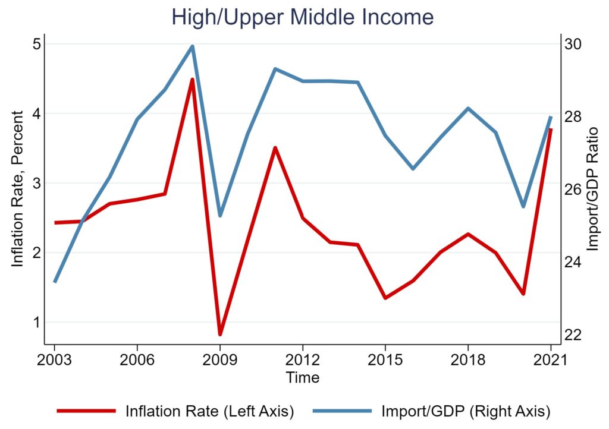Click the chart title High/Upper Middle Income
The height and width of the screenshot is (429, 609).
303,17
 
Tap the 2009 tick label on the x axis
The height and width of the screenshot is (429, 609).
219,361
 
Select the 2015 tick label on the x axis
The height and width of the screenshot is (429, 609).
385,361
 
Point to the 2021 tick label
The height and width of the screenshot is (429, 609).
550,361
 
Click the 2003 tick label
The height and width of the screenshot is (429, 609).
55,361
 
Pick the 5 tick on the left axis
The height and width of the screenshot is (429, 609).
36,44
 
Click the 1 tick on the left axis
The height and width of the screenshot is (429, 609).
36,322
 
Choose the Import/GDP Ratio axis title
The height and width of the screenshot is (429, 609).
592,188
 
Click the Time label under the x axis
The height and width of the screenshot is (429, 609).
302,377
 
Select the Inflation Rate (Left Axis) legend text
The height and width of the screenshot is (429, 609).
210,411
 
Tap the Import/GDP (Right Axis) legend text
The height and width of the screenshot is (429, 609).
464,411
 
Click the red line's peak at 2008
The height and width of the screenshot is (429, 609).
192,80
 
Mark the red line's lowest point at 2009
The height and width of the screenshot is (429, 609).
219,335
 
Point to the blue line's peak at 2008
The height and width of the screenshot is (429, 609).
192,46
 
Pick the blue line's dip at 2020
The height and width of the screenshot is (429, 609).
523,207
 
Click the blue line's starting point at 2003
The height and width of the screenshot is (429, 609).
55,282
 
